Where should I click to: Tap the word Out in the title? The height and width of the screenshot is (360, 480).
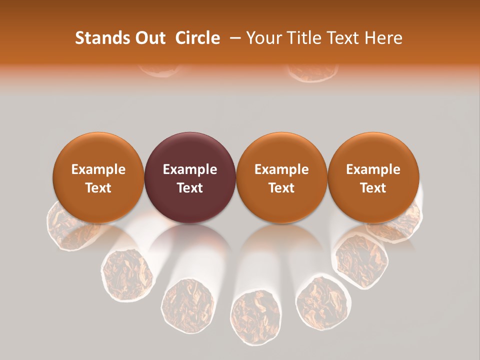(149, 38)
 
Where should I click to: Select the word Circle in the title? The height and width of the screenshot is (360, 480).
(198, 38)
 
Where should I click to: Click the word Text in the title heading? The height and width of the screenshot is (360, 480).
(344, 38)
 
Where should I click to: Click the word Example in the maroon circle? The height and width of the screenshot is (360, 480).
(190, 169)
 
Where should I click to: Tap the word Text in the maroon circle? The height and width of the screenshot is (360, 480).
(190, 188)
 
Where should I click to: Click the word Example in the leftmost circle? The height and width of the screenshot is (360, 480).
(98, 169)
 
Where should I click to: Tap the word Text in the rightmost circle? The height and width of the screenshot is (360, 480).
(373, 188)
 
